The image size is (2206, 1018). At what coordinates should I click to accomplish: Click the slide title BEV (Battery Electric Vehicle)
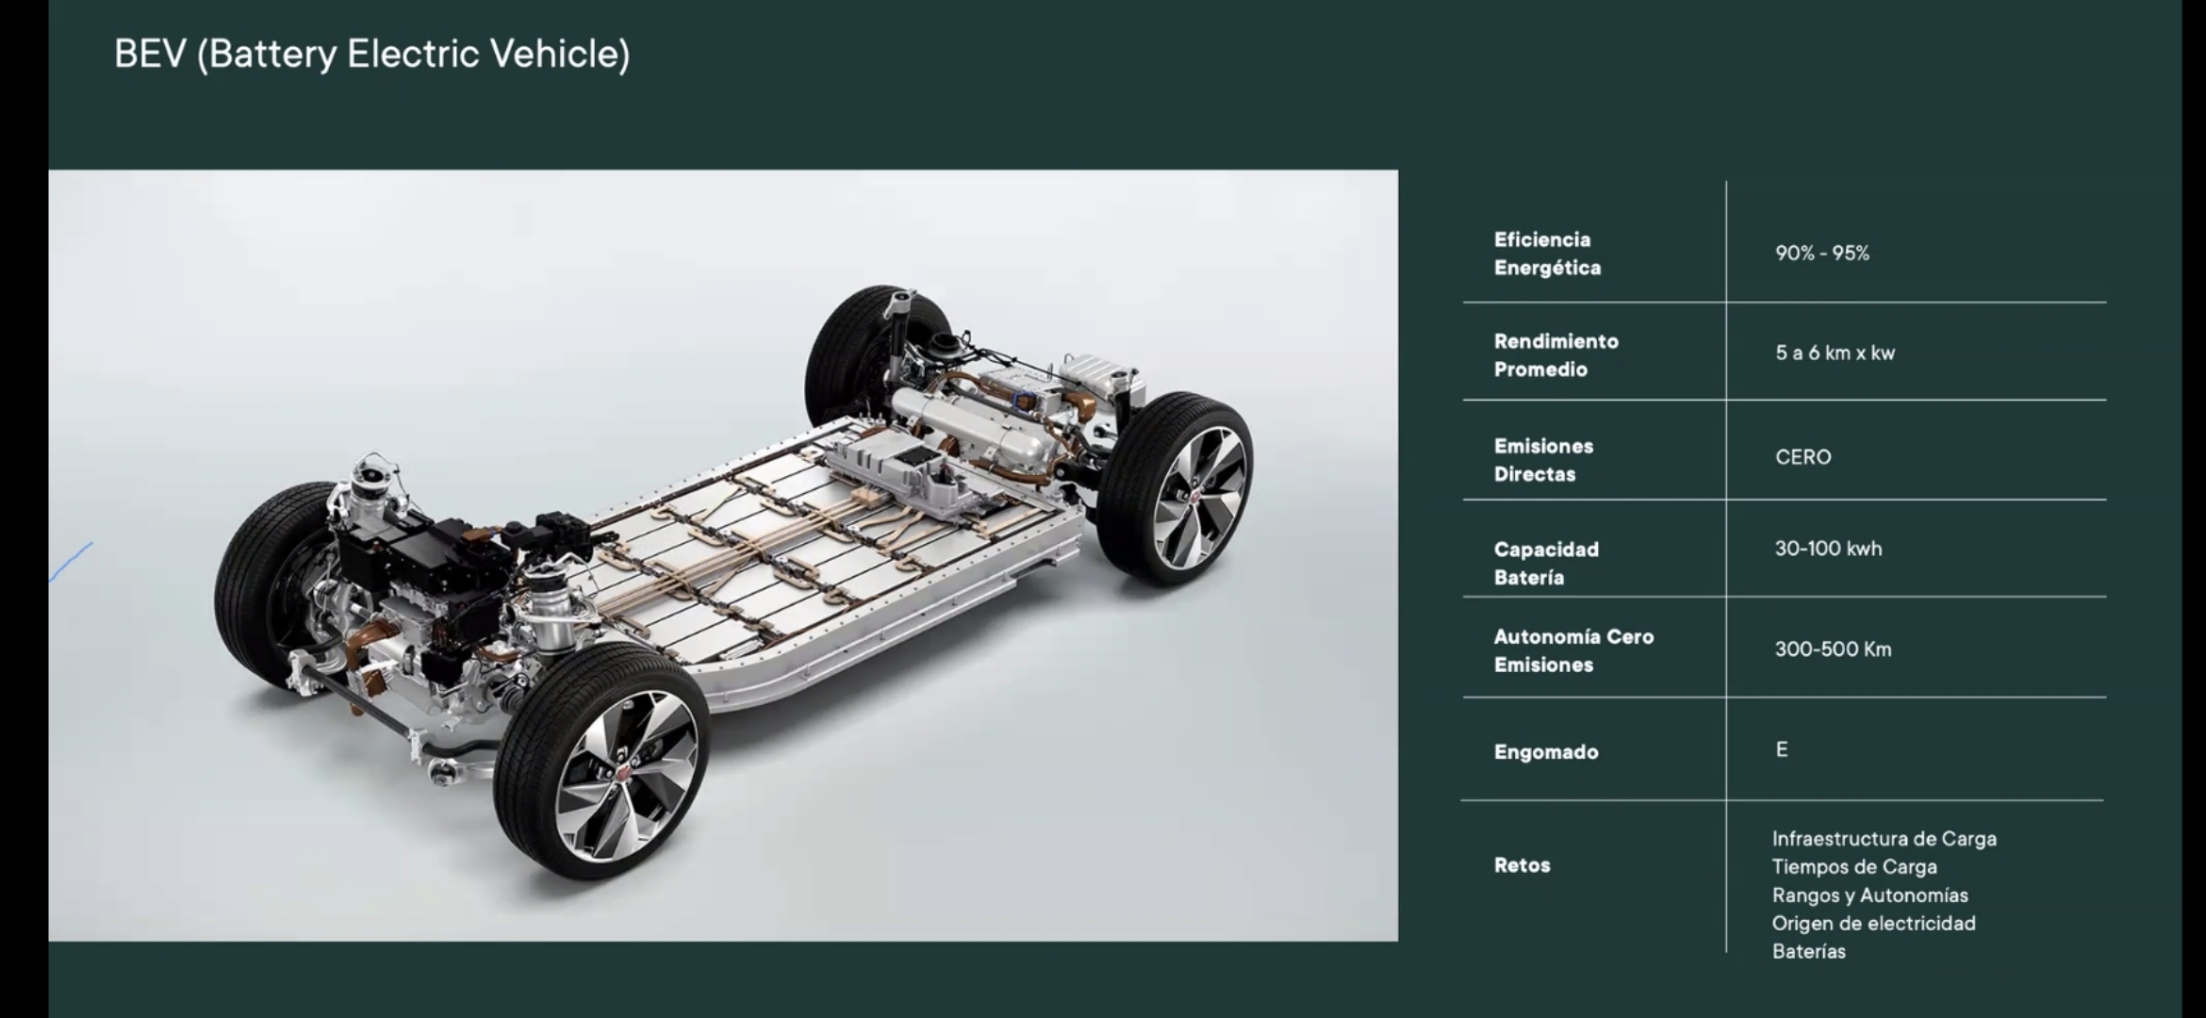coord(371,55)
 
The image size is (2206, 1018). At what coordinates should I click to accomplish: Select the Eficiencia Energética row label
coord(1547,254)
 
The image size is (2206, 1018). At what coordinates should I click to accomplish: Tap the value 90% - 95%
coord(1821,254)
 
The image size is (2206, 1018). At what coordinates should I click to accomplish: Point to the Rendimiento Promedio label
coord(1556,355)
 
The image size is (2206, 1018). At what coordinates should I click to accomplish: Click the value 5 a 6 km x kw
coord(1835,353)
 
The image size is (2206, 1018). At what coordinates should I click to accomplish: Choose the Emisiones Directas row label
coord(1543,460)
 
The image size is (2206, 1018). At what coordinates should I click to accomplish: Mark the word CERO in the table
coord(1803,457)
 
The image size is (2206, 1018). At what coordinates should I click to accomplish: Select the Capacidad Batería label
coord(1546,563)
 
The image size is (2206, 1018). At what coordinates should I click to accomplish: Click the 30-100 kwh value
coord(1828,549)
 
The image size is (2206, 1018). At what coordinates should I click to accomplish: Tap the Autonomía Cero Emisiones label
coord(1573,650)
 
